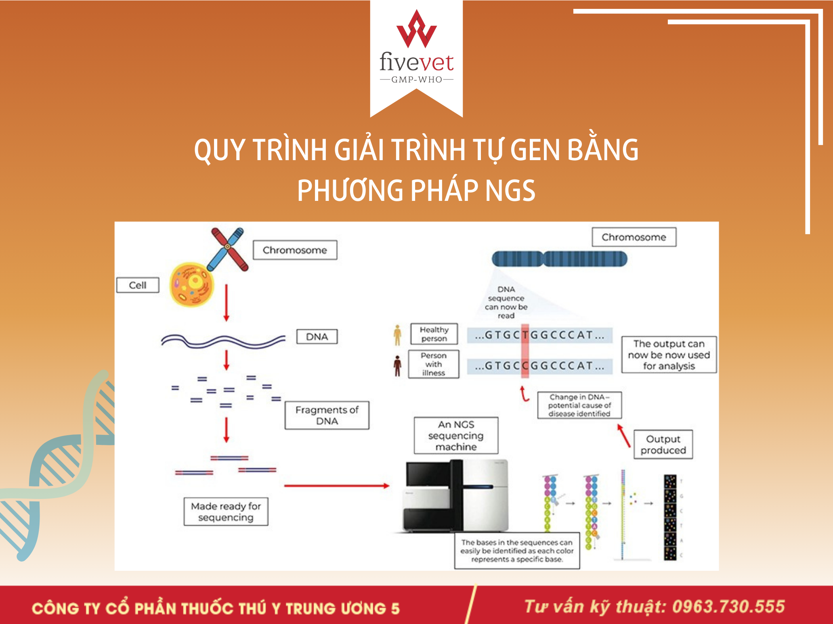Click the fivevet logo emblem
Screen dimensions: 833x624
(416, 29)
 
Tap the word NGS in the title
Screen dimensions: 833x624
(510, 190)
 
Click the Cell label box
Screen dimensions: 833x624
(138, 285)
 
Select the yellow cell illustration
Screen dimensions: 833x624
(192, 284)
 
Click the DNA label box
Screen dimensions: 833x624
(317, 336)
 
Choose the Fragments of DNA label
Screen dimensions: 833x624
(327, 415)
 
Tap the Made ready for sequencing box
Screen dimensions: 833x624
(226, 511)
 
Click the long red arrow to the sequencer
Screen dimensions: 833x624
(337, 486)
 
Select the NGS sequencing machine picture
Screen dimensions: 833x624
(456, 496)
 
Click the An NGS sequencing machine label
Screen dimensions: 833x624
(456, 436)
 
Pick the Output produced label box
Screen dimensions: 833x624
(663, 445)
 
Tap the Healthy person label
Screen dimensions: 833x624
(434, 334)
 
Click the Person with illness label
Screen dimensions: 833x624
(434, 364)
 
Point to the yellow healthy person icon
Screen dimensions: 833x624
(398, 335)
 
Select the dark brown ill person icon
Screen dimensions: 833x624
(398, 366)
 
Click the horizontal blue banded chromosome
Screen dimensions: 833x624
(559, 259)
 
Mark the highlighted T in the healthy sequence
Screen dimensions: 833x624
(525, 335)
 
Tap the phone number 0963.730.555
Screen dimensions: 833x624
(728, 607)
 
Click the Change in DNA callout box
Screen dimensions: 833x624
(579, 405)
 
